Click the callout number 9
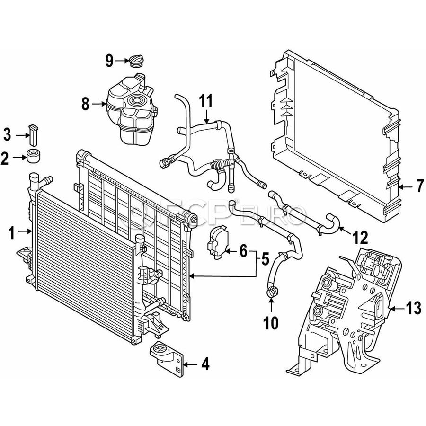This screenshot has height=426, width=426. click(x=109, y=60)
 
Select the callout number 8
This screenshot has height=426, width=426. click(x=85, y=104)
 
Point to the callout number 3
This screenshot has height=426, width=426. click(x=7, y=135)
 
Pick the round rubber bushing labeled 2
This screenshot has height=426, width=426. click(x=33, y=156)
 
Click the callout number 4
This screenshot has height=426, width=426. click(x=204, y=364)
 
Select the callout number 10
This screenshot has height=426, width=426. click(x=272, y=323)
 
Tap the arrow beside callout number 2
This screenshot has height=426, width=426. click(x=19, y=157)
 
